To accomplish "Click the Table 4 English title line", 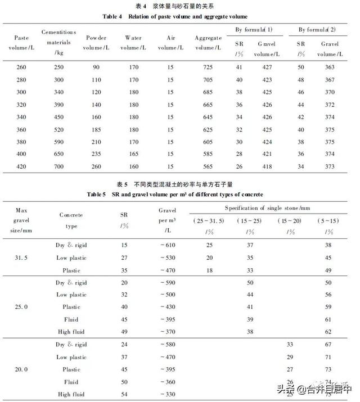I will click(x=175, y=16).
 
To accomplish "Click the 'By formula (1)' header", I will click(x=253, y=29).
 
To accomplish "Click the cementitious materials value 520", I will click(x=59, y=128).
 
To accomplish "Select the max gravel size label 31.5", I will click(x=22, y=259).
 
